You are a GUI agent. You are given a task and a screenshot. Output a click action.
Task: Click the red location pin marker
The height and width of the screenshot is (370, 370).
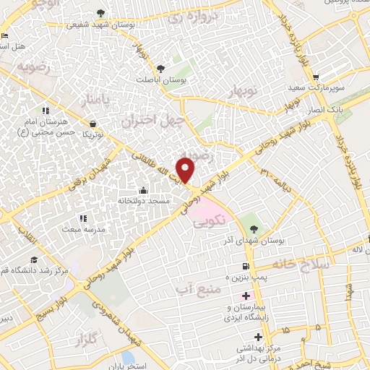(186, 169)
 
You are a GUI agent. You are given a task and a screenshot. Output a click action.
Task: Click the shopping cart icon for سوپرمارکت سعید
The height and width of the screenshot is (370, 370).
(316, 77)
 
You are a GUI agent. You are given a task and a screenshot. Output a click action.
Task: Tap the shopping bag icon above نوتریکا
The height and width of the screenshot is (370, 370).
(92, 124)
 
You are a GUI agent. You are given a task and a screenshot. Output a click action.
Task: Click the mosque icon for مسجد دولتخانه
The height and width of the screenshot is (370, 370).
(142, 191)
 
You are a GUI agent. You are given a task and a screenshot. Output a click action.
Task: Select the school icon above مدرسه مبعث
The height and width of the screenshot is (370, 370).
(83, 218)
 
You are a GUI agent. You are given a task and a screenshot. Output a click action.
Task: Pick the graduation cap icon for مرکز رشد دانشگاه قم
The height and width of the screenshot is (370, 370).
(34, 260)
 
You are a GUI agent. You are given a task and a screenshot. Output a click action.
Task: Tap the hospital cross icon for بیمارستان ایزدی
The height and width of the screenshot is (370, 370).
(246, 296)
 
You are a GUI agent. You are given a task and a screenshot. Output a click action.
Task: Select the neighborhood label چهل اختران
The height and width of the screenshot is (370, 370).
(154, 119)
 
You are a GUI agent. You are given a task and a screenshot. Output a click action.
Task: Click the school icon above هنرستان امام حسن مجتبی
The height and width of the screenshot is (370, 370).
(45, 111)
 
